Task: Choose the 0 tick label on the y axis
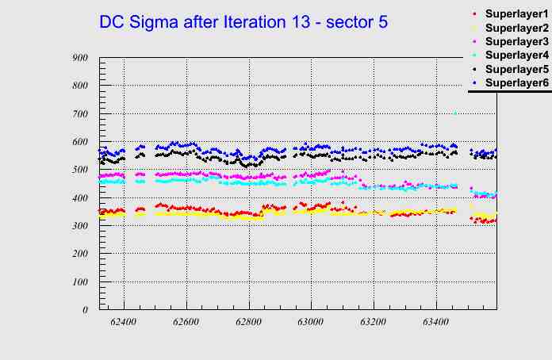pos(84,310)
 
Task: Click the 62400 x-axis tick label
pos(124,323)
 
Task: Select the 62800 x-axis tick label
pos(248,323)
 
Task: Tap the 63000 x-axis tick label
pos(310,323)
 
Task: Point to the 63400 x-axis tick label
pos(435,323)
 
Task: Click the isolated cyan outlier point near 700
pos(454,113)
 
